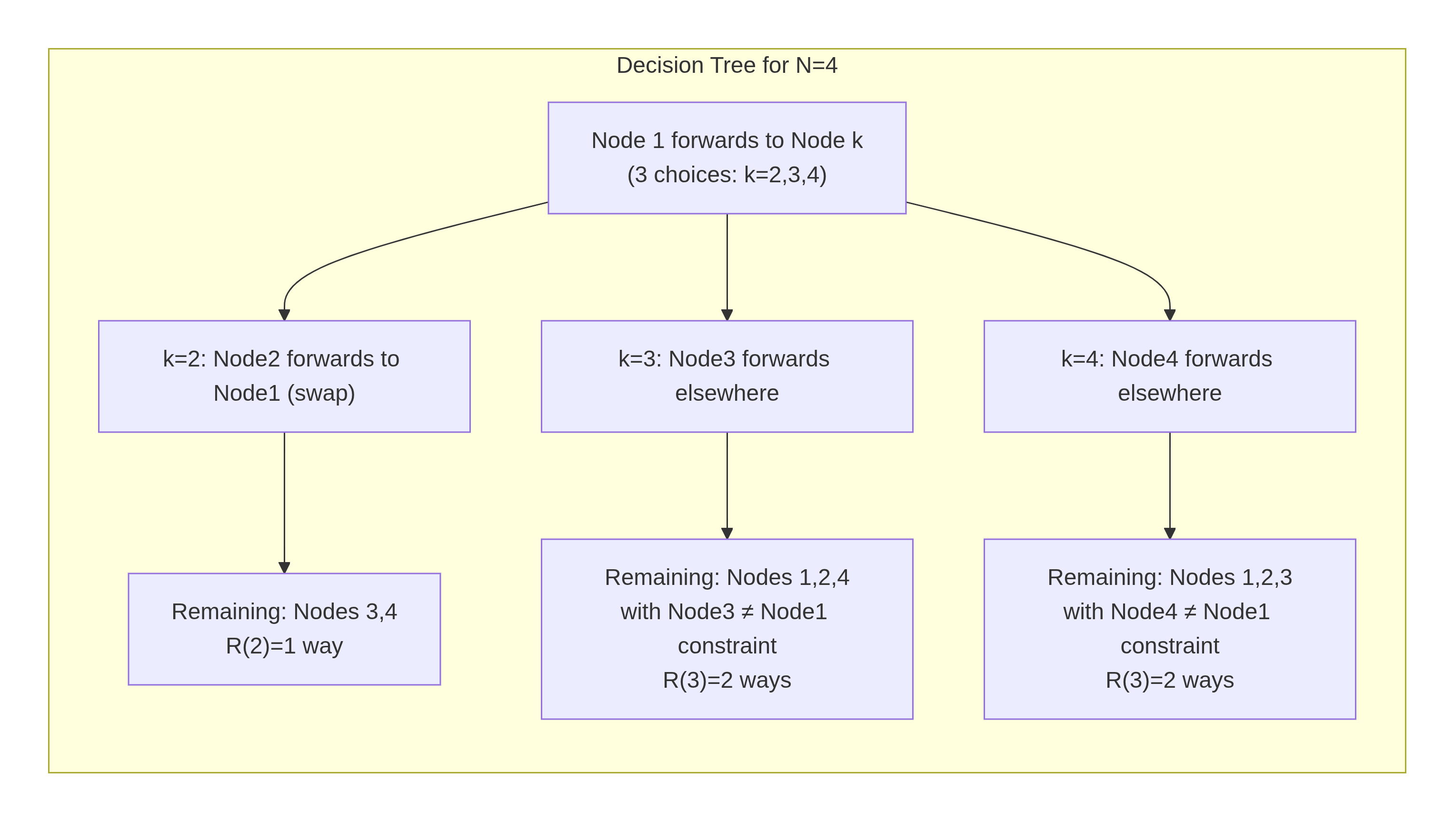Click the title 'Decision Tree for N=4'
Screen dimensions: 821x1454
pyautogui.click(x=727, y=66)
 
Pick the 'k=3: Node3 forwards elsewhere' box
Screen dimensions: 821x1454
pyautogui.click(x=727, y=376)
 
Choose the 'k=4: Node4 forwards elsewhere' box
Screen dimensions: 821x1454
pyautogui.click(x=1169, y=376)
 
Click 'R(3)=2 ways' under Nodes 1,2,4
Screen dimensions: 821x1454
pyautogui.click(x=727, y=681)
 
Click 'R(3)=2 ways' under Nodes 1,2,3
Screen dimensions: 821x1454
pyautogui.click(x=1169, y=681)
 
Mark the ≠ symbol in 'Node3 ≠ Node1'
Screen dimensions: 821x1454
pyautogui.click(x=747, y=612)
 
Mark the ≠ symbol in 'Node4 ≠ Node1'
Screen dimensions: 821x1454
pyautogui.click(x=1190, y=612)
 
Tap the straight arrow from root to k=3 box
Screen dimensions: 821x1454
pyautogui.click(x=727, y=265)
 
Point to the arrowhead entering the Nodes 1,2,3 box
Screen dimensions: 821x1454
pyautogui.click(x=1169, y=533)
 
